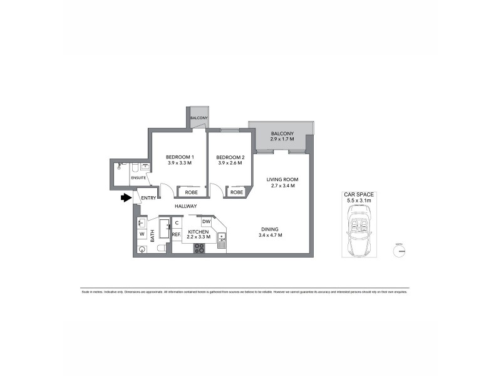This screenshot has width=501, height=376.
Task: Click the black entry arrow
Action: click(126, 198)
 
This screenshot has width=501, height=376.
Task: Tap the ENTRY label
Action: click(148, 199)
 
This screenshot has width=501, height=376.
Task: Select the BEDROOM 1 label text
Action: click(180, 157)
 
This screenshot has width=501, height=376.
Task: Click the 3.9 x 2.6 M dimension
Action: click(229, 164)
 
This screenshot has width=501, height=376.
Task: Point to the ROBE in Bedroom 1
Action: click(192, 192)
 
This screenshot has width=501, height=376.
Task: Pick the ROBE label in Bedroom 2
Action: click(236, 192)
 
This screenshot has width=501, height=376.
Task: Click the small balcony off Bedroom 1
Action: click(199, 117)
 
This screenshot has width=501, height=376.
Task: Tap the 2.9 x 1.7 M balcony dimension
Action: click(282, 140)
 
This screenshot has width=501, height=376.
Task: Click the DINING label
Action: click(271, 229)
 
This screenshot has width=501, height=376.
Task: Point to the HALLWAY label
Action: click(186, 206)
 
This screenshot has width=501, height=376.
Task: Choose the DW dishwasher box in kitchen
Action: click(206, 222)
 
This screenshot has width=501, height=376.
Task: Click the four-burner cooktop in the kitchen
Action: click(200, 248)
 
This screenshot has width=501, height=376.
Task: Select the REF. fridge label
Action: click(177, 234)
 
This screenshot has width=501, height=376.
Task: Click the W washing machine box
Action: click(142, 235)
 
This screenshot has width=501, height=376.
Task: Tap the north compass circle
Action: click(398, 251)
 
